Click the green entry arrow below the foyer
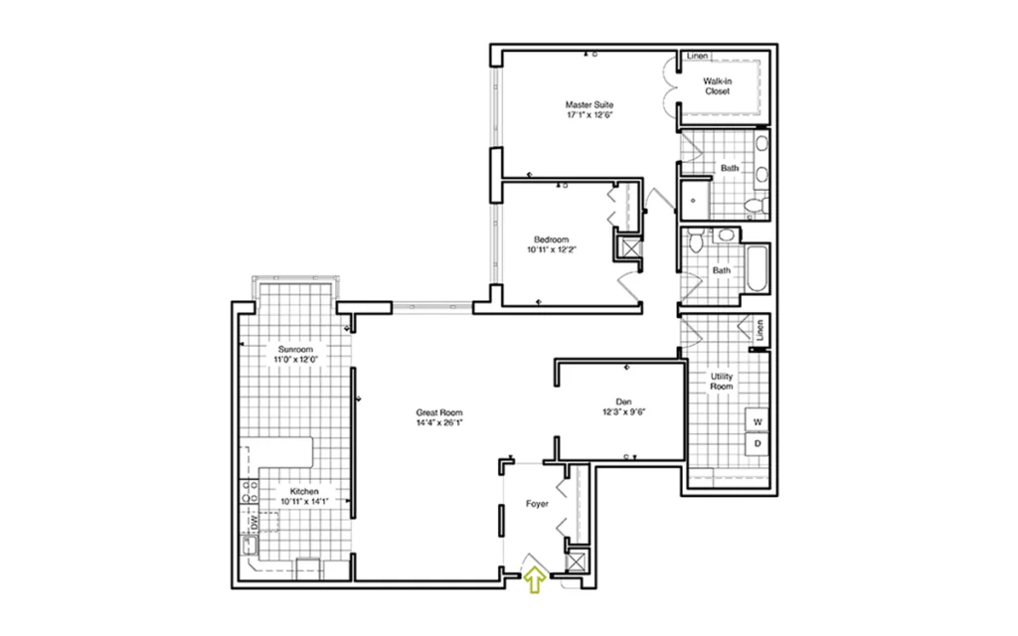(x=534, y=579)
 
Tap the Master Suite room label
(x=589, y=104)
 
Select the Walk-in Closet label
(x=718, y=86)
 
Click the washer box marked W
(x=758, y=421)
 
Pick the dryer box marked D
(x=758, y=444)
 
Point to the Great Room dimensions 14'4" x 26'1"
(x=439, y=423)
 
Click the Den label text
(x=623, y=401)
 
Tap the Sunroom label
(x=295, y=349)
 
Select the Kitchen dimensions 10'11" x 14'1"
(x=304, y=502)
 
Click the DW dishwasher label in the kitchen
(x=254, y=521)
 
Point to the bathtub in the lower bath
(x=757, y=268)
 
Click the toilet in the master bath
(x=755, y=206)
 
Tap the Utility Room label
(x=722, y=381)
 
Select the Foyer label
(x=537, y=504)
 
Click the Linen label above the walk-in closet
(x=697, y=56)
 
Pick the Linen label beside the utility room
(x=761, y=330)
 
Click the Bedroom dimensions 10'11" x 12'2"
(x=552, y=249)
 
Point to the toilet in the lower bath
(x=696, y=240)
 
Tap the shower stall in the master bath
(x=693, y=199)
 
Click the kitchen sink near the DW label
(x=250, y=546)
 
